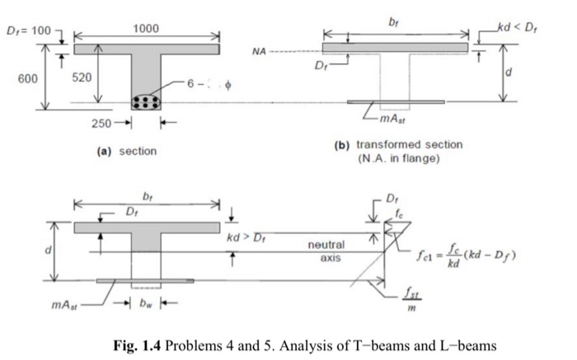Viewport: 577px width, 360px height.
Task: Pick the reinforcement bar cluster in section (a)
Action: (x=147, y=101)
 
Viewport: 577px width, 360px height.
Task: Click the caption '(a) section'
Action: (x=127, y=151)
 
